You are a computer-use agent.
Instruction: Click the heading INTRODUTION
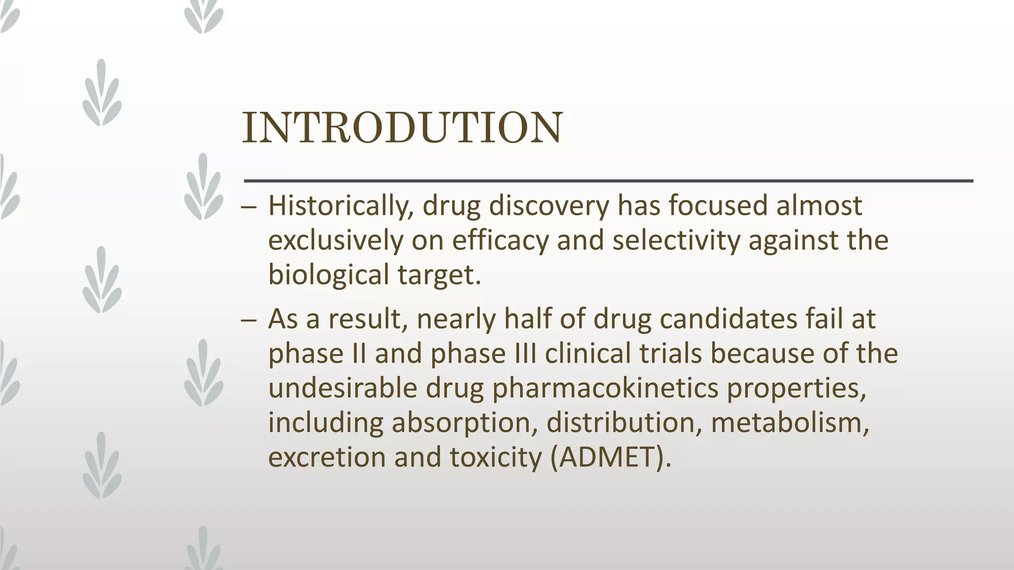pyautogui.click(x=402, y=128)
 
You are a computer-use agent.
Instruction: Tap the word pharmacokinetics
pyautogui.click(x=605, y=388)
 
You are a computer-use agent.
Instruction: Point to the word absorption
pyautogui.click(x=464, y=423)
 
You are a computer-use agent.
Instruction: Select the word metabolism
pyautogui.click(x=790, y=423)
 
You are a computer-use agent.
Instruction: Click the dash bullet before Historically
pyautogui.click(x=249, y=207)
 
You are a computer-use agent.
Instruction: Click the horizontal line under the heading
pyautogui.click(x=608, y=181)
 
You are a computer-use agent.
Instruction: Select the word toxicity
pyautogui.click(x=496, y=457)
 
